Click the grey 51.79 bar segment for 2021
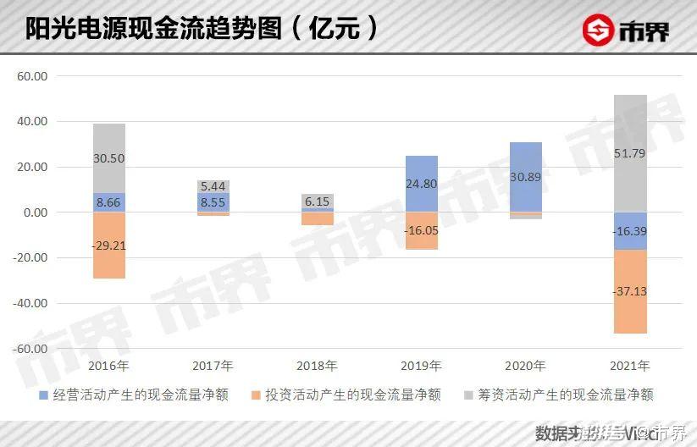[x=630, y=152]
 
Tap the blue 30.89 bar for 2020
[x=526, y=177]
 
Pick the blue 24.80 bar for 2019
[x=422, y=184]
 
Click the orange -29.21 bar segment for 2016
[x=109, y=245]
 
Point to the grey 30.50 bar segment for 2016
[x=109, y=158]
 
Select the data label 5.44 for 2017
[x=213, y=185]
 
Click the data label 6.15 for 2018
[x=318, y=201]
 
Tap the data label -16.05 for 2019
[x=422, y=229]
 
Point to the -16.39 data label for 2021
[x=630, y=230]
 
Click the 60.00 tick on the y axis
[x=32, y=76]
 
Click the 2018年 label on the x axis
[x=318, y=367]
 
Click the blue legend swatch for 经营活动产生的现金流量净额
[x=44, y=395]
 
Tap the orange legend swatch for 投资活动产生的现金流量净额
[x=257, y=395]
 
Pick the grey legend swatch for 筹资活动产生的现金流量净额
[x=469, y=395]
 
